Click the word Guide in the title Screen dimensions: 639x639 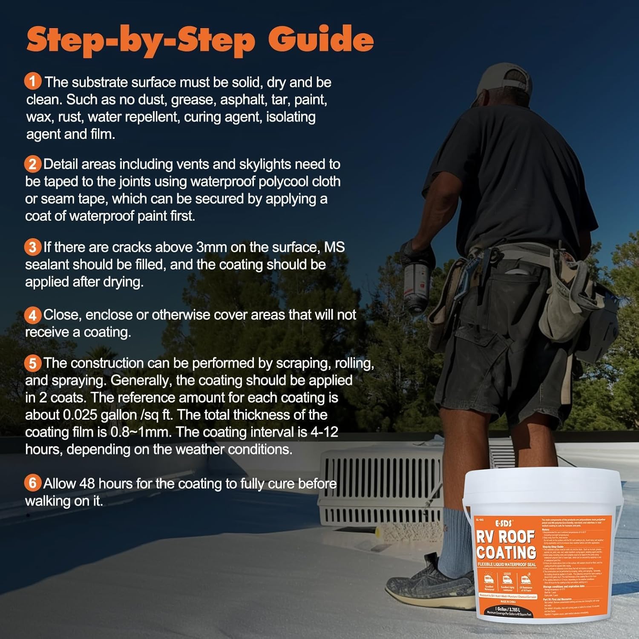point(321,39)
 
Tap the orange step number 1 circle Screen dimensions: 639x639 point(33,81)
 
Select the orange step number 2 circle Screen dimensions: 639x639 point(33,164)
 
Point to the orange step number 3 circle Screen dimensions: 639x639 point(33,247)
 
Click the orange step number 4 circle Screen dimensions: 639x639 point(33,315)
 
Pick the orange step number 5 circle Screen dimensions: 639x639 point(33,363)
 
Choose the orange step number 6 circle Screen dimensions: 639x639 point(33,483)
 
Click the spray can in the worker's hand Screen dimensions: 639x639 point(415,281)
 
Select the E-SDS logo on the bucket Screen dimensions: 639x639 point(504,523)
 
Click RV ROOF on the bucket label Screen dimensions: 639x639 point(506,537)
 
